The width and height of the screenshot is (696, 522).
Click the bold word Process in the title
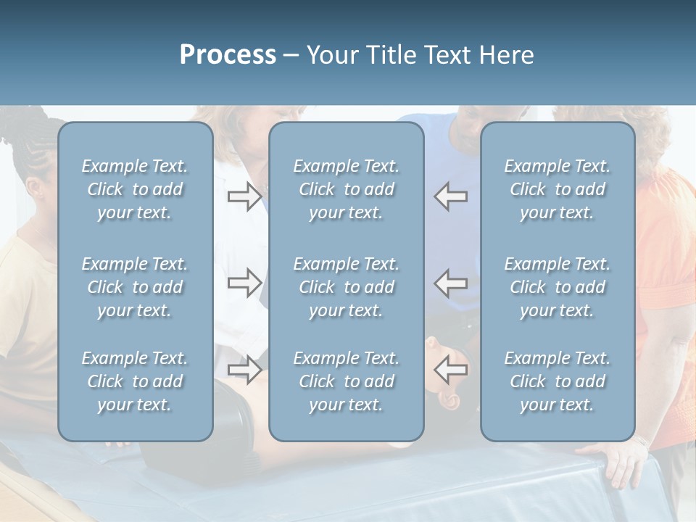(x=228, y=55)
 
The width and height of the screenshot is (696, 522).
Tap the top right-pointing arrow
(x=244, y=196)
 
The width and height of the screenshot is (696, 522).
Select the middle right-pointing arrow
(x=244, y=283)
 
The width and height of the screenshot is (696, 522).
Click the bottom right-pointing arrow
(x=244, y=369)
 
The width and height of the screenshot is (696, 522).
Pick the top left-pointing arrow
(x=451, y=196)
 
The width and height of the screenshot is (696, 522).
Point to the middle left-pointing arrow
(x=451, y=283)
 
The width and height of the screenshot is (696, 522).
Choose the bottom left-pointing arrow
(x=451, y=369)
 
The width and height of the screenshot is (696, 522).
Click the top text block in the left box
(x=135, y=189)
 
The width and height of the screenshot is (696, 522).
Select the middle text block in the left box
(x=135, y=287)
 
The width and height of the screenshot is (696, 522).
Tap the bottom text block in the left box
(x=135, y=381)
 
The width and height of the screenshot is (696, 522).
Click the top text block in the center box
(x=346, y=189)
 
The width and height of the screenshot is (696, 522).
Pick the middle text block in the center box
(x=346, y=287)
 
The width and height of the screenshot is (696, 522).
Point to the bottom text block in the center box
(x=346, y=381)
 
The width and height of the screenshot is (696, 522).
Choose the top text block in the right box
(x=557, y=189)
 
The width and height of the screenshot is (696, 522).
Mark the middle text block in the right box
(x=557, y=287)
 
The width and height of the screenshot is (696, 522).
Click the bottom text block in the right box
(x=557, y=381)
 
